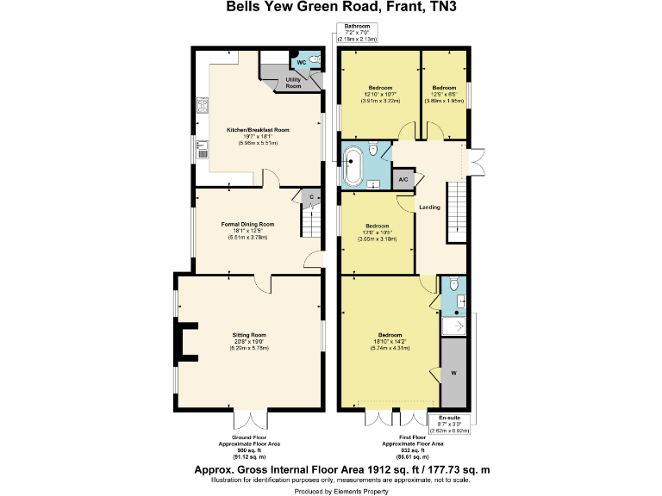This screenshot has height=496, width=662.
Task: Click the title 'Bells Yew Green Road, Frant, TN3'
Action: click(x=330, y=8)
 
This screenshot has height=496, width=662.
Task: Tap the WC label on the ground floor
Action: click(x=302, y=63)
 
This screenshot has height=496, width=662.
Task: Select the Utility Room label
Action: click(x=293, y=83)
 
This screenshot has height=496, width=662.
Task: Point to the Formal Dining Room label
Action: click(x=247, y=229)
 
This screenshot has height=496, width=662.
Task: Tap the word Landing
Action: click(x=429, y=208)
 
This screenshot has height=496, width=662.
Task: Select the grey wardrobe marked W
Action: click(x=453, y=374)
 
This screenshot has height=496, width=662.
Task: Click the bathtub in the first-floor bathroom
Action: click(x=353, y=166)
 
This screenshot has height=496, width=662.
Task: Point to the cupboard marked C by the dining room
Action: click(x=309, y=197)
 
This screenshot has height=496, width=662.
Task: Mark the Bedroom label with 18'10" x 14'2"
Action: click(x=390, y=340)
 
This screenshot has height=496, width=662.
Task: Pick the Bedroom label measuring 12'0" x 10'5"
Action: click(x=377, y=231)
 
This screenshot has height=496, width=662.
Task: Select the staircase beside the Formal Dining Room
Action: click(x=310, y=225)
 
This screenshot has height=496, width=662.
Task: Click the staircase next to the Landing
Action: click(x=457, y=213)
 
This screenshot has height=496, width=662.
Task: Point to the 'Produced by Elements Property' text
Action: click(x=331, y=490)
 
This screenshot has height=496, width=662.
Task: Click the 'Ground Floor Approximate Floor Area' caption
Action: click(x=247, y=448)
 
